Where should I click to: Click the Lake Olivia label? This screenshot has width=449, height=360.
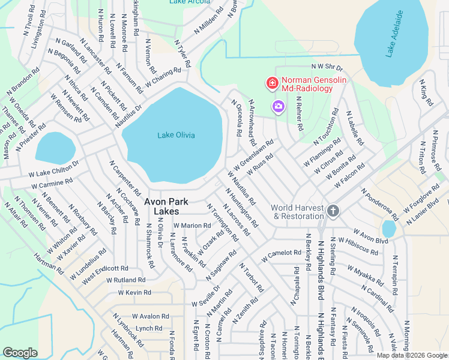point(176,135)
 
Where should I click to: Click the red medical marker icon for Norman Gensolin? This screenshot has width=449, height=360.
point(272,83)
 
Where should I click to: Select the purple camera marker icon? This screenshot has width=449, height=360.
point(278,107)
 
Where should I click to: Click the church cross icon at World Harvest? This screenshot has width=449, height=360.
point(333,211)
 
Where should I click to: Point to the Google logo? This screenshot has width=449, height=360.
point(20,353)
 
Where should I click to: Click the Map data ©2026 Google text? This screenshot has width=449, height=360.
point(412,355)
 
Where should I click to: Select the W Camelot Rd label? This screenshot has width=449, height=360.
point(281,256)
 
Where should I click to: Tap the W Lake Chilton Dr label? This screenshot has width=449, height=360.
point(53,169)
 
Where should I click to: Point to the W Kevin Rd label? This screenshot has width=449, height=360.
point(134,292)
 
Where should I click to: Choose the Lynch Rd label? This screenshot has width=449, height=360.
point(149,328)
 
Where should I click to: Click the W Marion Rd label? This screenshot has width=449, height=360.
point(191,226)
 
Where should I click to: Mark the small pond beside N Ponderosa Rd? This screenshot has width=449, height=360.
point(389,229)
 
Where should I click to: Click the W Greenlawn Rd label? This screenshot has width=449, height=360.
point(253,155)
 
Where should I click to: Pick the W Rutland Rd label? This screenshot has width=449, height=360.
point(127,280)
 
